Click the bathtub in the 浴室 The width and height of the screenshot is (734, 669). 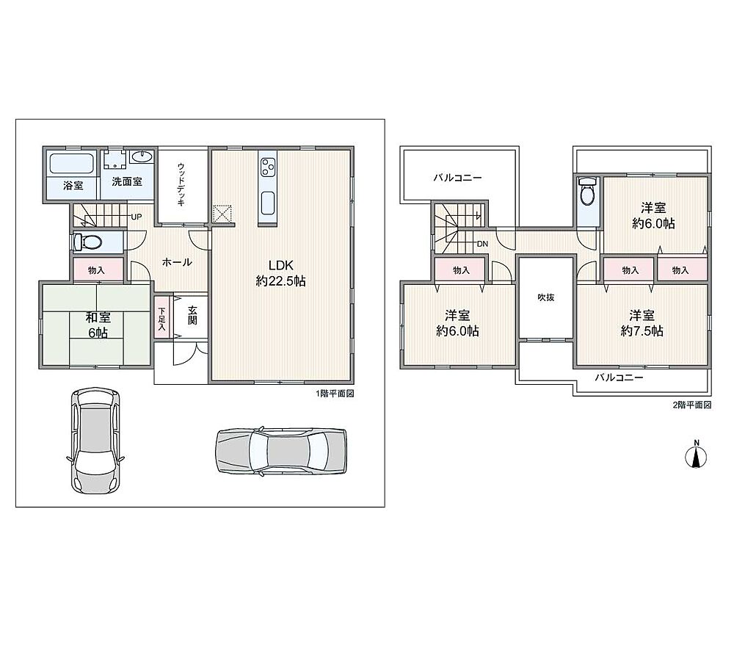[72, 164]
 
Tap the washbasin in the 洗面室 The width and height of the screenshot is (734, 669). [141, 156]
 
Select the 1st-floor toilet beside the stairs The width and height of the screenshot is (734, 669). [88, 242]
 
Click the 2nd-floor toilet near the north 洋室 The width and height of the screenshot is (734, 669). [587, 191]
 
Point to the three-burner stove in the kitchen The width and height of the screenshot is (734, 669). [268, 167]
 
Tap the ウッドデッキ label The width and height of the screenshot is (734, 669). [181, 184]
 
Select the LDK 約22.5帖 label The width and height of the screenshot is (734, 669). [281, 273]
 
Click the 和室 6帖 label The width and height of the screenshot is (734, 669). [98, 325]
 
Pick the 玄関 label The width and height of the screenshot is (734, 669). [192, 315]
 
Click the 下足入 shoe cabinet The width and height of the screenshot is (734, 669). [161, 319]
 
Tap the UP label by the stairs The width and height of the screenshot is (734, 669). [137, 217]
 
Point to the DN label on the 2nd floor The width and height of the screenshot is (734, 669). [483, 244]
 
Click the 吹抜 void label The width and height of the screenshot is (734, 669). [546, 297]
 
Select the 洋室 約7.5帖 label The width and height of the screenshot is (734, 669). [642, 323]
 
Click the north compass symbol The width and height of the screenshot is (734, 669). [696, 455]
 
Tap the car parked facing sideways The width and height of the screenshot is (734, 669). [281, 451]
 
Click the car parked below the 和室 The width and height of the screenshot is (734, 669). [95, 441]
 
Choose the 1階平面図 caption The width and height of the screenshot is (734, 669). [335, 394]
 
